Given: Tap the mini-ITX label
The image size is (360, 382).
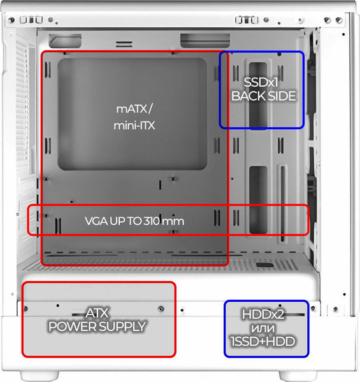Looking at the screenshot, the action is point(134,125).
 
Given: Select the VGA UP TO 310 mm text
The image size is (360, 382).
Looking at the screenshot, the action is point(134,221).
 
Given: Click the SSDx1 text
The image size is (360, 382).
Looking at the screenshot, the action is point(261,82).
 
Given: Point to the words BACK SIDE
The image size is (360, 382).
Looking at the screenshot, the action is point(264,95).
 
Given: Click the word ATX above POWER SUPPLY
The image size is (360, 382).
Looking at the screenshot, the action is point(97,313).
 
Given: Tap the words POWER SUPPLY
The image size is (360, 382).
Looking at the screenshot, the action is point(97,327).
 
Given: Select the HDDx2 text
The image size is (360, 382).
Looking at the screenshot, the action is point(263,315).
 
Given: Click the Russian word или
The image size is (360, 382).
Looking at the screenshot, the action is point(263,329).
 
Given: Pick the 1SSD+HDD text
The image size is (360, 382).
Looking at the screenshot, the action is point(263,341).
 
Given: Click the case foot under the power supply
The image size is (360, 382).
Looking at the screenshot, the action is point(40,376).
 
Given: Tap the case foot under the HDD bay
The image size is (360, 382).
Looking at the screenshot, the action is point(298,376).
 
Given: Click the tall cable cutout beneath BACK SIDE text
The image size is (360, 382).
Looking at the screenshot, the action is point(258,95).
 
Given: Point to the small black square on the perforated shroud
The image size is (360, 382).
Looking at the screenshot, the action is point(264,265).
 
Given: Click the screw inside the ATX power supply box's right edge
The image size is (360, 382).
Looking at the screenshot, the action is point(161,309).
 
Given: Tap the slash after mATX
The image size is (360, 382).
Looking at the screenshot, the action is point(150,109).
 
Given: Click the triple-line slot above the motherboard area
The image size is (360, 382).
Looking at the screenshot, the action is point(124,44).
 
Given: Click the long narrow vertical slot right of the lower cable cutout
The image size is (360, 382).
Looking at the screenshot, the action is point(282,204).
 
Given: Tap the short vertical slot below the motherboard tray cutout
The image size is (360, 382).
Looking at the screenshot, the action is point(160,185).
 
